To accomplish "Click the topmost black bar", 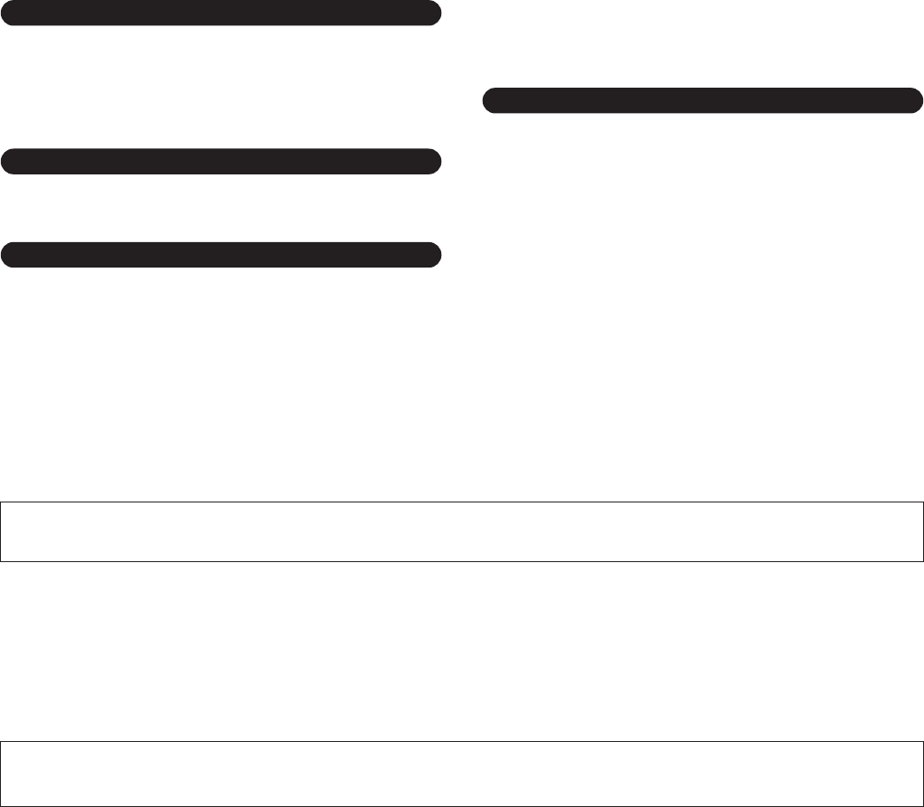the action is click(x=221, y=14).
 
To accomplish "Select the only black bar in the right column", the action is click(x=702, y=100).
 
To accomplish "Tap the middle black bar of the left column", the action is click(x=221, y=161).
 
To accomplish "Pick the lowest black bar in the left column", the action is click(x=221, y=255).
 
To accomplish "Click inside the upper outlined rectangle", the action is click(x=462, y=531).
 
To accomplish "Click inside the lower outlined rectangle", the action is click(x=462, y=774).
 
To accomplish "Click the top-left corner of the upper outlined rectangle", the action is click(x=1, y=502).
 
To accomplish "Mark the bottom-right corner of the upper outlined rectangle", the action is click(x=922, y=561).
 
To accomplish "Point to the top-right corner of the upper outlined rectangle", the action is click(x=922, y=502).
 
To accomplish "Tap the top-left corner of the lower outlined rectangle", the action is click(x=1, y=743).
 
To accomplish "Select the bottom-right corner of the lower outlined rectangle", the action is click(x=922, y=804).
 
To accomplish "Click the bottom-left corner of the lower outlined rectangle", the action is click(x=1, y=804).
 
